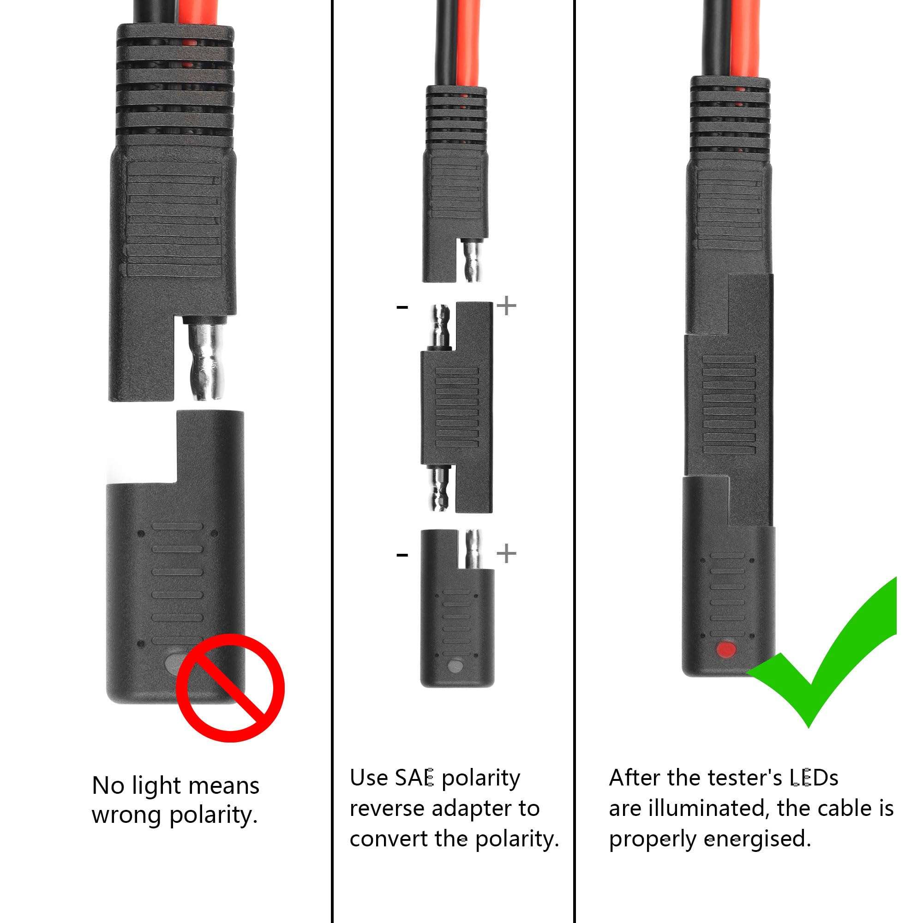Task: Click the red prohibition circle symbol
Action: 230,688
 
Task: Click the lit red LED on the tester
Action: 727,649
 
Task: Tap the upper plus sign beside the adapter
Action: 506,306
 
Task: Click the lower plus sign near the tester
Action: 506,554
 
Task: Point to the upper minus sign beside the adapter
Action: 402,307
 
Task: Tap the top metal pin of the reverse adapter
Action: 440,327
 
